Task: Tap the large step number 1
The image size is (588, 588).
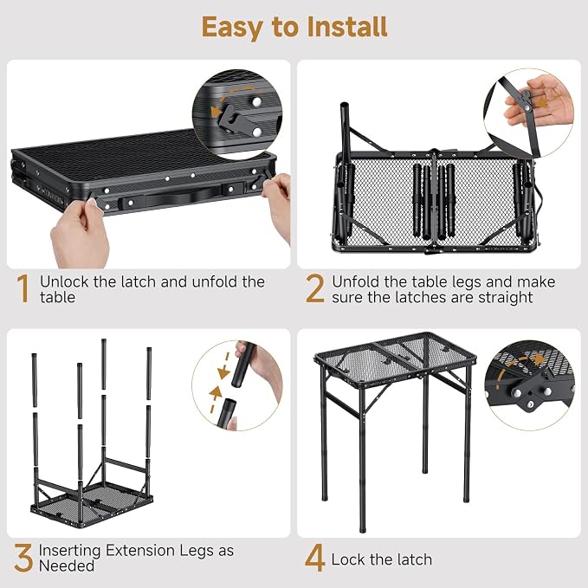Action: point(23,288)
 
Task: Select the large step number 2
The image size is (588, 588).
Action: point(314,288)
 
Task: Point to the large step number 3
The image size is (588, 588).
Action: point(23,559)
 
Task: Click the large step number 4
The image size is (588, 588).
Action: point(314,559)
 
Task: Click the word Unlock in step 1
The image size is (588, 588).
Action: point(64,281)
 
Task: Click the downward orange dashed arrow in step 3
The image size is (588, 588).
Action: point(224,366)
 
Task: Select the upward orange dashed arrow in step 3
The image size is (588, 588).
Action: point(214,399)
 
